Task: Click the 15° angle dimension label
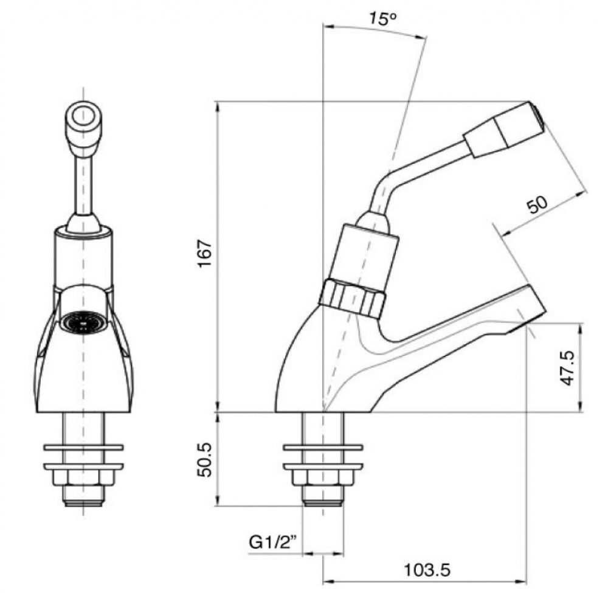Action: (x=382, y=18)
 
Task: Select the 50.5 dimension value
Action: (x=205, y=460)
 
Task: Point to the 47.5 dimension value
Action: (x=568, y=369)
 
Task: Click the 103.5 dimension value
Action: (x=427, y=570)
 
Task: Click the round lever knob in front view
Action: (x=82, y=117)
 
